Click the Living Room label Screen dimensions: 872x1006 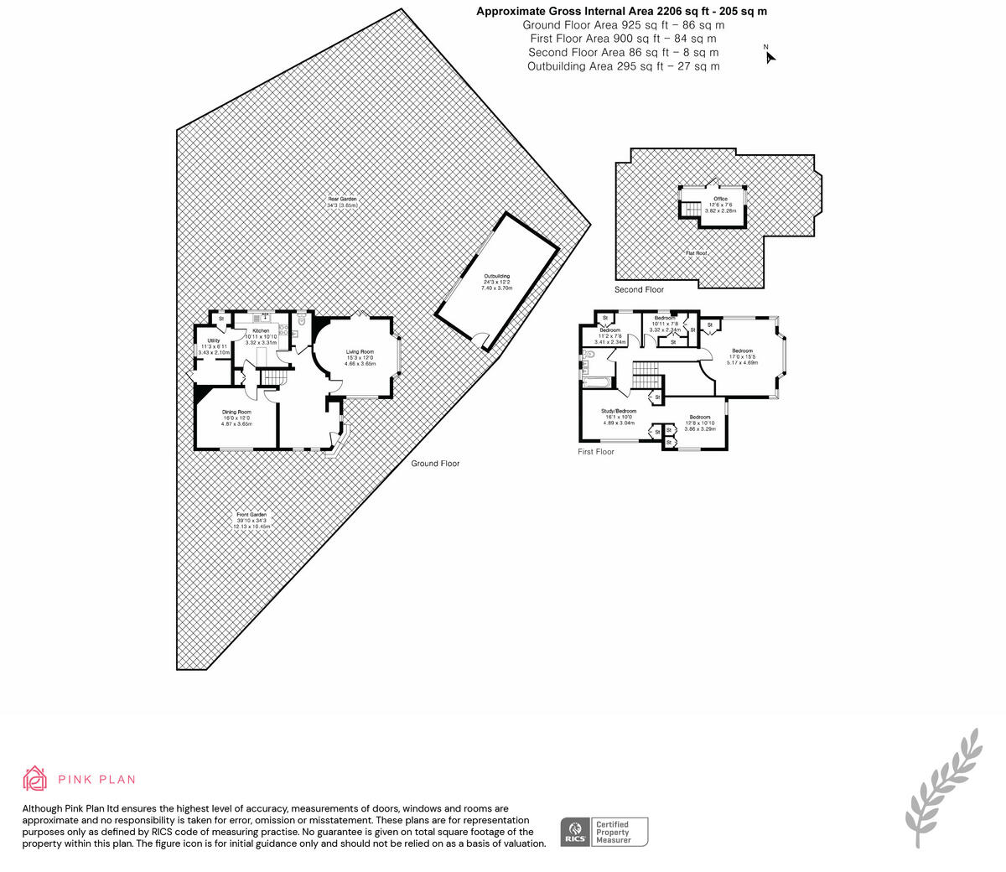(360, 352)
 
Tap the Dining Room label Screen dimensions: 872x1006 (236, 413)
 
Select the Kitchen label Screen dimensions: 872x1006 (262, 331)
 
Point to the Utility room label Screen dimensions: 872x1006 (213, 341)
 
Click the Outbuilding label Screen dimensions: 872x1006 (496, 277)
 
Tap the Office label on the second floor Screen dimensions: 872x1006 (720, 199)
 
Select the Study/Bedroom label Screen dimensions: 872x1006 (620, 411)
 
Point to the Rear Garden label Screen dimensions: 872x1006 (342, 199)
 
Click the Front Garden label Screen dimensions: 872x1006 (251, 515)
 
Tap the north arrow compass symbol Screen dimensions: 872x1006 (769, 56)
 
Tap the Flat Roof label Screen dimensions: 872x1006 (696, 252)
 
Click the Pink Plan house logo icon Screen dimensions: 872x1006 (34, 778)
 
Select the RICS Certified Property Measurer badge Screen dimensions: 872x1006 (604, 832)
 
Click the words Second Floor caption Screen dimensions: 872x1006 (639, 289)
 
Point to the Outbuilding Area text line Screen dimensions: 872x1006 (623, 66)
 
